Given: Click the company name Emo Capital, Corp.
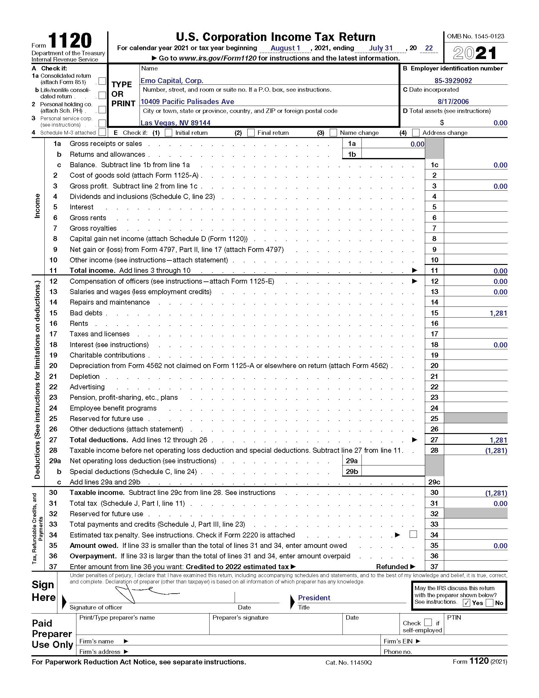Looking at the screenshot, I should (x=172, y=81).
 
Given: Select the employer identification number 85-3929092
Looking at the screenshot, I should (x=453, y=81).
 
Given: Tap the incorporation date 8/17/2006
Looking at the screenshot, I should (x=453, y=102).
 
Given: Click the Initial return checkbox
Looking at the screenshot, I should (x=168, y=133).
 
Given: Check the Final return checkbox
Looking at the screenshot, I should (x=251, y=133).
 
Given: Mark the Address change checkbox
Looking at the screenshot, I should (x=416, y=133).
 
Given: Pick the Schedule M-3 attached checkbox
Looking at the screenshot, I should (x=102, y=132).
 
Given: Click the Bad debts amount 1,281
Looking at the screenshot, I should (x=498, y=313).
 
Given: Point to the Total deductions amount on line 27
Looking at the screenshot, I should (x=498, y=440).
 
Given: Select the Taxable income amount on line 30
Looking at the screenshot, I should (x=496, y=493).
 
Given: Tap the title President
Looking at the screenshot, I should (x=314, y=598).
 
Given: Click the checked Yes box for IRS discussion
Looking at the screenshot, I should (x=466, y=603).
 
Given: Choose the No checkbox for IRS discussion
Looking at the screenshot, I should (x=489, y=603).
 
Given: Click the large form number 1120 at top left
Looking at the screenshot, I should (x=70, y=41).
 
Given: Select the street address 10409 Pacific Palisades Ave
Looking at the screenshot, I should (x=187, y=102).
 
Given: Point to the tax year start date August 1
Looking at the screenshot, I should (x=285, y=48).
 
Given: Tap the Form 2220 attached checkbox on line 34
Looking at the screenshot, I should (x=413, y=534).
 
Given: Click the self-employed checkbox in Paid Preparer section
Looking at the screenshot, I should (x=428, y=622).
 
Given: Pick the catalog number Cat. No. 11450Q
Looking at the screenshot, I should (x=348, y=662).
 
